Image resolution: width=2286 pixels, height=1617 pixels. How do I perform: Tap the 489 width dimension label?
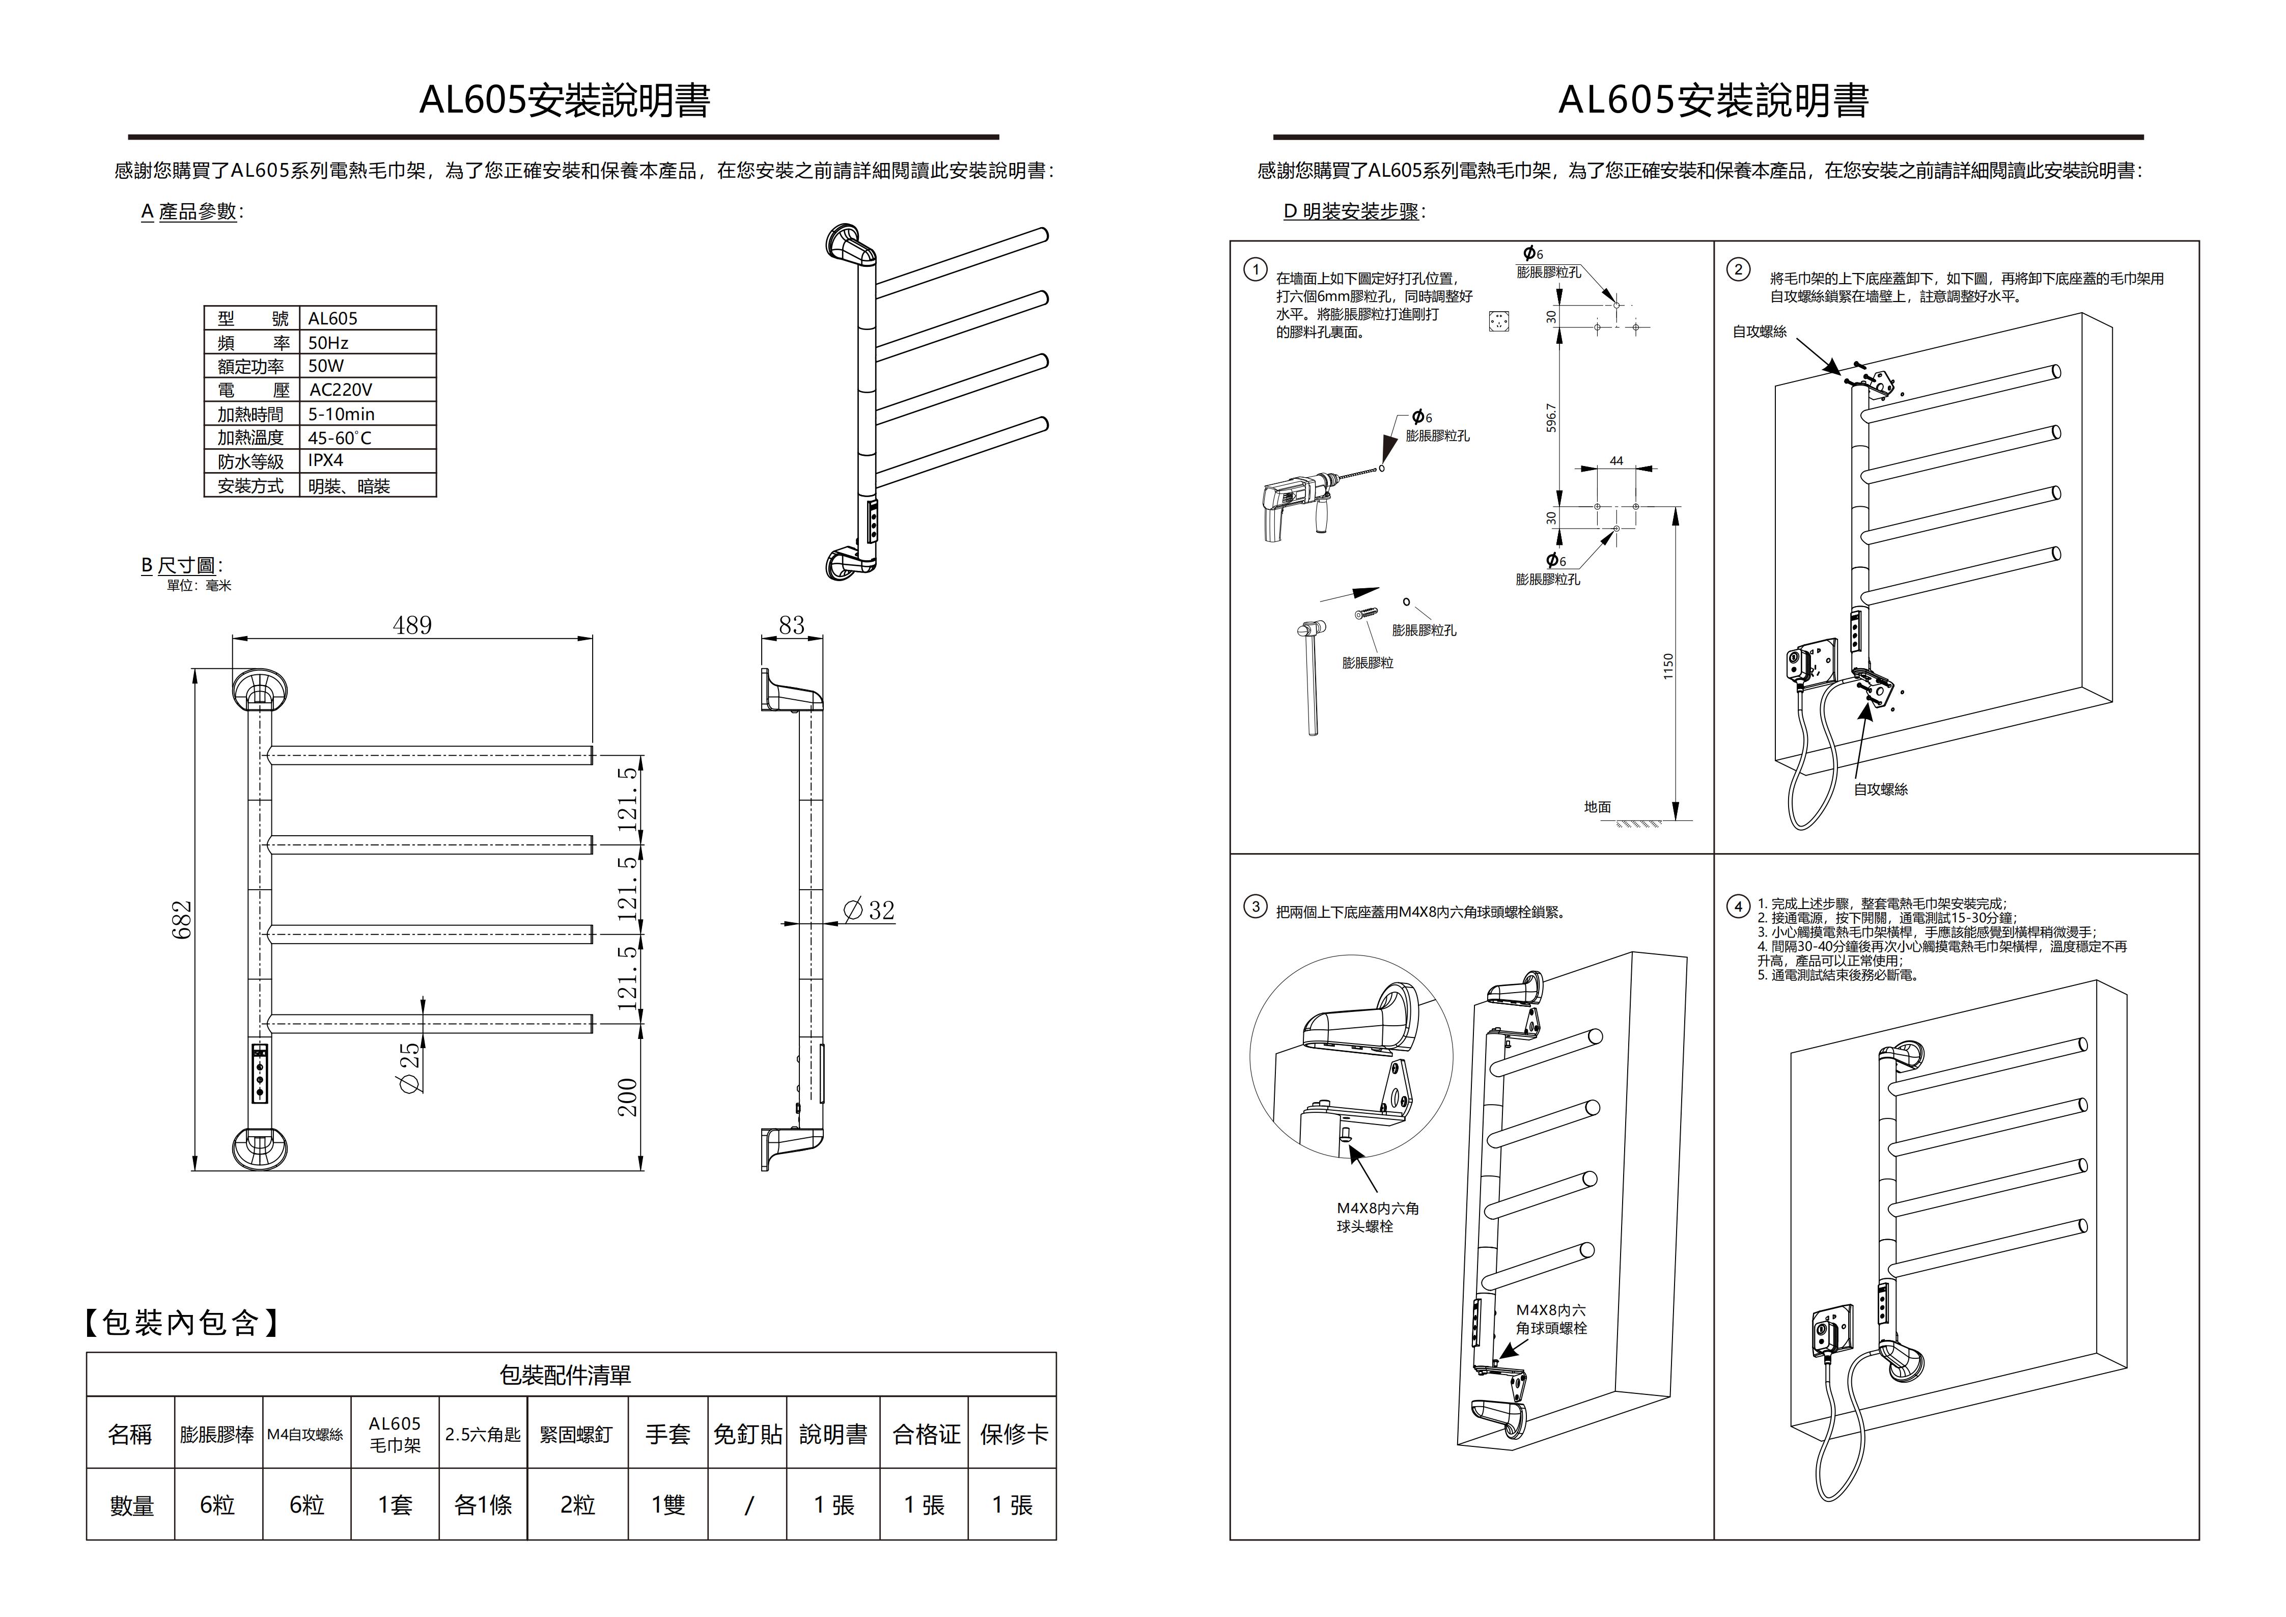click(x=412, y=625)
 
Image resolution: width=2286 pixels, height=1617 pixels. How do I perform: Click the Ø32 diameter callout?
click(x=869, y=910)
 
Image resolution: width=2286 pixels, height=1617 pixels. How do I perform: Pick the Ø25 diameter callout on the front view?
click(x=409, y=1068)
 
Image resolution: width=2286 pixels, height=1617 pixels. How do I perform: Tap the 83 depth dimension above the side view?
click(x=792, y=625)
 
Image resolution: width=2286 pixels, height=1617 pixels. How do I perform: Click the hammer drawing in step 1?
click(x=1311, y=677)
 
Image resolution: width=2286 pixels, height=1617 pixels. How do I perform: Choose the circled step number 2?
click(x=1738, y=270)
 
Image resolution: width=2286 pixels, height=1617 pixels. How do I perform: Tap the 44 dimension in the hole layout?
click(x=1616, y=461)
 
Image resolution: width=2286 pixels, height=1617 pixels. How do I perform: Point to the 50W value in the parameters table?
click(x=325, y=366)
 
